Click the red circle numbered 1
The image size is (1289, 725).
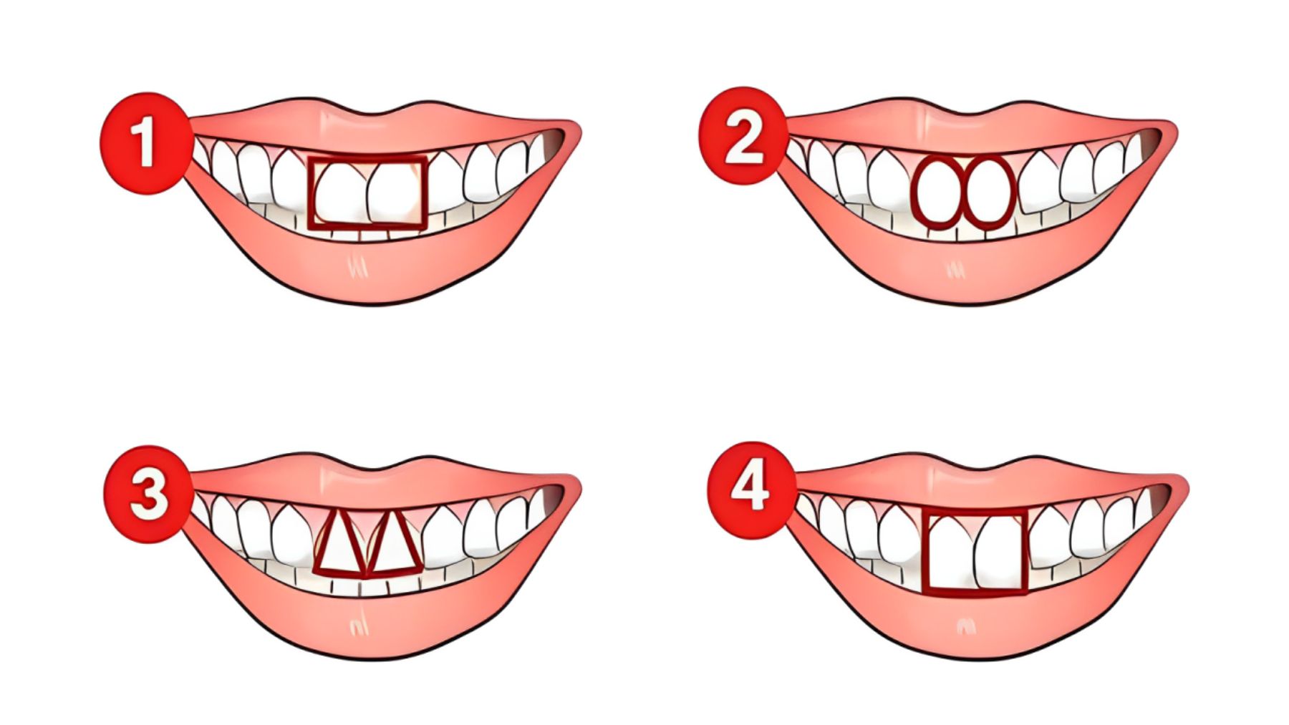click(145, 142)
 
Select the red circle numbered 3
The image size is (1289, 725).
click(149, 495)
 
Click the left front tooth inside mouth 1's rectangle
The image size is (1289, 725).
click(339, 193)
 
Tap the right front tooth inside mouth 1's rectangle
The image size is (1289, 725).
click(394, 193)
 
